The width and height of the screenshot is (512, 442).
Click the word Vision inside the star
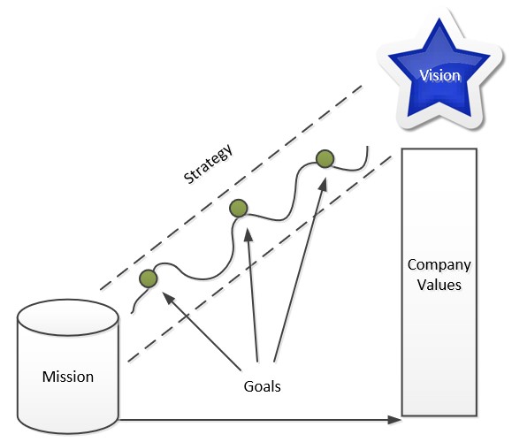pyautogui.click(x=439, y=76)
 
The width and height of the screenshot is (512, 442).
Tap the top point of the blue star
pyautogui.click(x=439, y=19)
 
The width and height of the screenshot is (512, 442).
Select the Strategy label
pyautogui.click(x=209, y=164)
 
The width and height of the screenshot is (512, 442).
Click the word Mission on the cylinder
pyautogui.click(x=68, y=377)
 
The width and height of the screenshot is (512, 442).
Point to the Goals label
pyautogui.click(x=263, y=386)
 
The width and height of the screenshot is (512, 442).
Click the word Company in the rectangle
pyautogui.click(x=439, y=266)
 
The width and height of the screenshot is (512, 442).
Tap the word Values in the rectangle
pyautogui.click(x=439, y=285)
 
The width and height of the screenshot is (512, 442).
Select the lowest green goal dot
pyautogui.click(x=149, y=278)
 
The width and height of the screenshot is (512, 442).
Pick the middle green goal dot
pyautogui.click(x=239, y=208)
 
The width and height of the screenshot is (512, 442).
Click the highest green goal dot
pyautogui.click(x=325, y=159)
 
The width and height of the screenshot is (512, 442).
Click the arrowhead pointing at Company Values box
pyautogui.click(x=394, y=420)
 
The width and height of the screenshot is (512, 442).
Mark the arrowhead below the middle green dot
pyautogui.click(x=248, y=235)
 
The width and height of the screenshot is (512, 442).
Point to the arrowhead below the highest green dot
pyautogui.click(x=323, y=184)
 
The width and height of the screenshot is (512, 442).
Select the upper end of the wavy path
pyautogui.click(x=368, y=147)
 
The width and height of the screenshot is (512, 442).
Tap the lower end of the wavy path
pyautogui.click(x=131, y=313)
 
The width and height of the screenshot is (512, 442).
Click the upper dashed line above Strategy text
pyautogui.click(x=231, y=187)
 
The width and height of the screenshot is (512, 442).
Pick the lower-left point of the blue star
pyautogui.click(x=409, y=115)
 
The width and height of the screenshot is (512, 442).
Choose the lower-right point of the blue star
pyautogui.click(x=470, y=115)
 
